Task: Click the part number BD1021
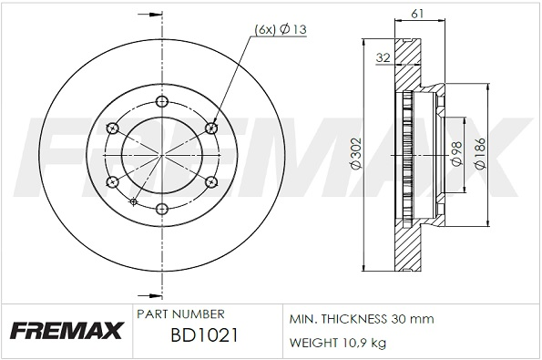[x=204, y=335]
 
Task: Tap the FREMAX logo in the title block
[x=66, y=330]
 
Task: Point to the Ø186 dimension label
[x=480, y=153]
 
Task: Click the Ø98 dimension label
[x=456, y=153]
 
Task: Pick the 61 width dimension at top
[x=417, y=14]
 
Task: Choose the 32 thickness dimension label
[x=383, y=57]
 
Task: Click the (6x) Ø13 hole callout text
[x=281, y=29]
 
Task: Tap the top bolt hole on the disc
[x=162, y=102]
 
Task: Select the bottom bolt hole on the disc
[x=162, y=209]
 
